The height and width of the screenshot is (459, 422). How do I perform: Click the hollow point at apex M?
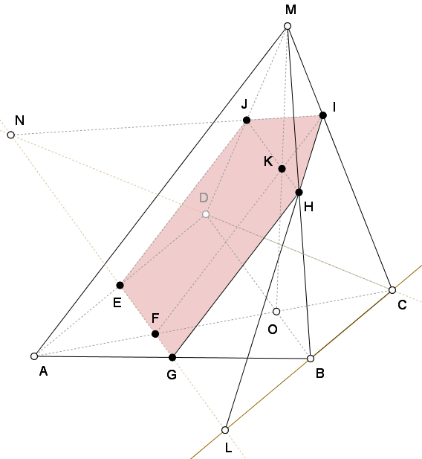[288, 26]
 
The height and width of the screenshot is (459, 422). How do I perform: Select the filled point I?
[323, 115]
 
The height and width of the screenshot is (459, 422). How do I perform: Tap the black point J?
[247, 120]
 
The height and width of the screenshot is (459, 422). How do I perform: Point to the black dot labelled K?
[282, 169]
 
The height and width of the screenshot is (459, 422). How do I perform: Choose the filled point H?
[299, 193]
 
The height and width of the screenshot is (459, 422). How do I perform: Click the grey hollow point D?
[206, 214]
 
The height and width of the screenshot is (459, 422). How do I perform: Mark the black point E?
[120, 285]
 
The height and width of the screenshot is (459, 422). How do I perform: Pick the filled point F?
[155, 334]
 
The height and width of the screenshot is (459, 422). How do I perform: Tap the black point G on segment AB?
[172, 357]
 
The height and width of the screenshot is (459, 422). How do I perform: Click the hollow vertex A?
[34, 356]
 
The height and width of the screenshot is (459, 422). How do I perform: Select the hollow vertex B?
[311, 359]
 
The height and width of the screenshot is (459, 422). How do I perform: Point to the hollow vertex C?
[392, 290]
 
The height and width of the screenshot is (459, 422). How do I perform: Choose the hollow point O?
[276, 312]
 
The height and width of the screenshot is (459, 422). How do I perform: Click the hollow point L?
[225, 430]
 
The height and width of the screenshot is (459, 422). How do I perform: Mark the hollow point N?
[11, 135]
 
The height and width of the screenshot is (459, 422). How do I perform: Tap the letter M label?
[290, 10]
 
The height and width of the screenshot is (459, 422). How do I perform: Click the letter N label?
[19, 121]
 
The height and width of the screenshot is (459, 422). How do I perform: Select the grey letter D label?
[204, 198]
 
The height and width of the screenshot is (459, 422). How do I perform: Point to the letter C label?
[402, 305]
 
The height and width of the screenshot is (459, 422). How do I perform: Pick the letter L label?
[229, 448]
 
